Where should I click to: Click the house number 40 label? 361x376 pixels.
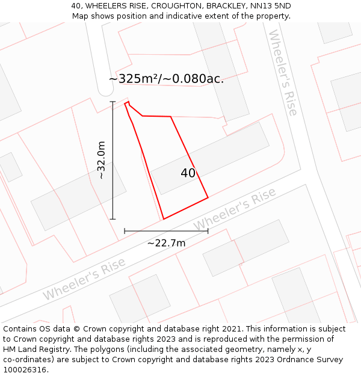188,173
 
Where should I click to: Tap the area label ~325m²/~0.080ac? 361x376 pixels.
166,79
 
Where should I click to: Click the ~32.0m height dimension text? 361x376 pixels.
101,160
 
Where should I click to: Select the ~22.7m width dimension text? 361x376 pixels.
166,243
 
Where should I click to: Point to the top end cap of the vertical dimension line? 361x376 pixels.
113,102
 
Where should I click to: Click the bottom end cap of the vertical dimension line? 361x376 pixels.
113,219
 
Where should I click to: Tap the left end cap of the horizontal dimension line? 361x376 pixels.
125,230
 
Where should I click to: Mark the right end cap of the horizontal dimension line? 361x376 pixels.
208,230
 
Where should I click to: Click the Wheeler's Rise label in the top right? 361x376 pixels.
283,72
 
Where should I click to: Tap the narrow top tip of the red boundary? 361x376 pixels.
126,103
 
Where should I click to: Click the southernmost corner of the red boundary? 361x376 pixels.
164,219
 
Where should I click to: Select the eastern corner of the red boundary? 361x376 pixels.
208,197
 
